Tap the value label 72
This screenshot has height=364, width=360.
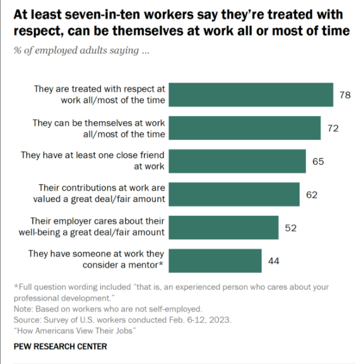332,128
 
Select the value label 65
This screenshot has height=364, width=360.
318,161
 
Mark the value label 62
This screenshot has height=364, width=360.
311,195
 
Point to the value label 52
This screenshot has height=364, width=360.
291,227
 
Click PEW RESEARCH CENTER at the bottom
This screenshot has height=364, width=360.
60,346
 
